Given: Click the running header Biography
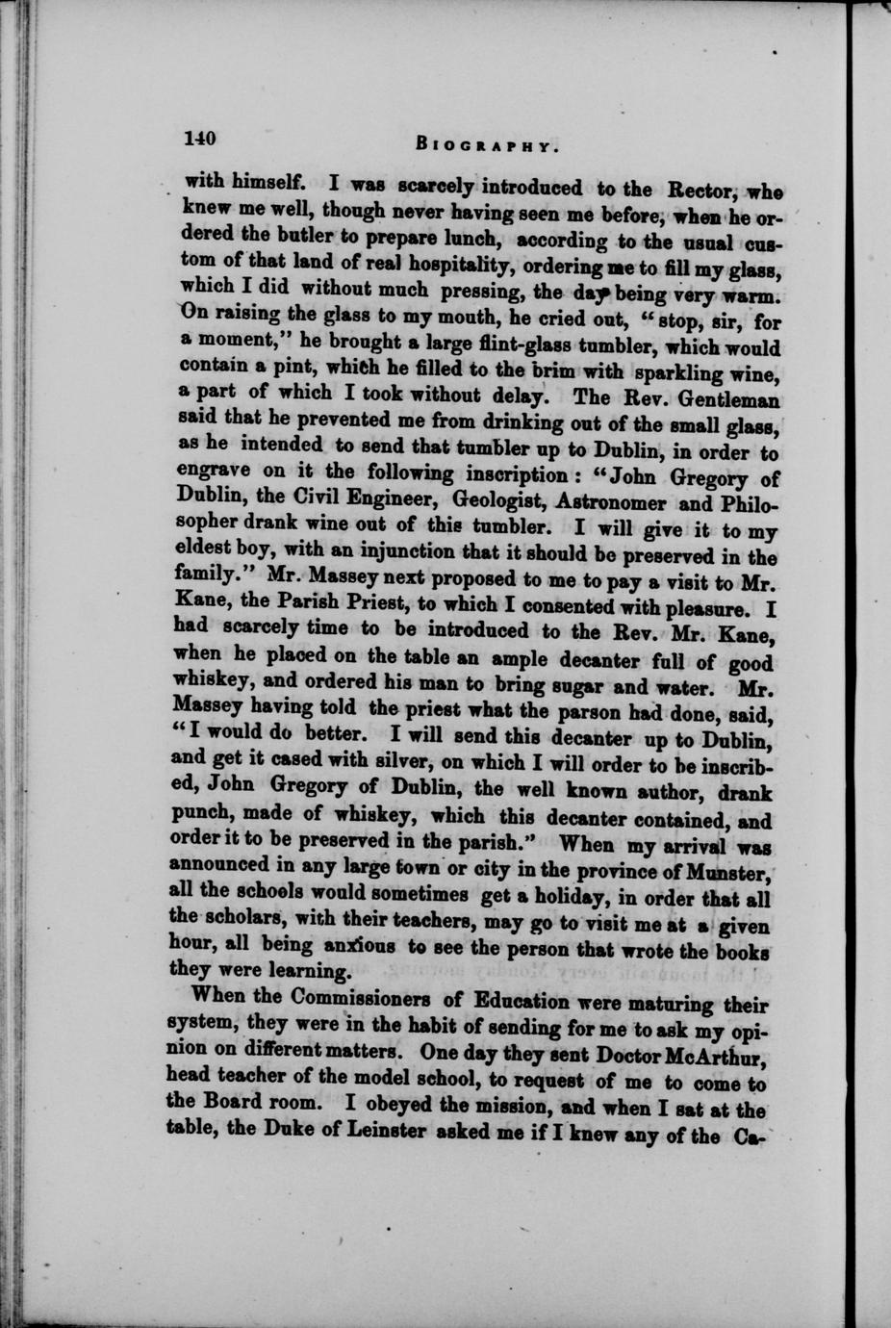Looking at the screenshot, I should (x=488, y=146).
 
